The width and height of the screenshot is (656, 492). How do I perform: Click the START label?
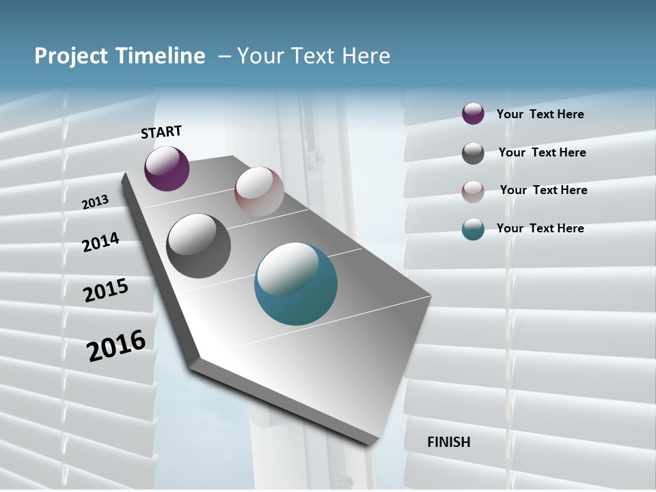click(x=161, y=132)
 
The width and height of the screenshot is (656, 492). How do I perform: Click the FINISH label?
click(x=448, y=442)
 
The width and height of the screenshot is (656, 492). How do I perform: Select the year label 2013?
click(x=95, y=202)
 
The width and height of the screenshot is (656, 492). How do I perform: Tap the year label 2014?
click(x=100, y=243)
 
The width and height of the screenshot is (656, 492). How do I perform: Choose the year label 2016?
click(x=116, y=345)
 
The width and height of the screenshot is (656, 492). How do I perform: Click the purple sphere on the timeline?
click(x=167, y=169)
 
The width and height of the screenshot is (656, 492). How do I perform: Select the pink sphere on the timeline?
click(x=259, y=191)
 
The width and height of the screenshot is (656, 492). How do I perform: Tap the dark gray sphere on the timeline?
click(x=198, y=246)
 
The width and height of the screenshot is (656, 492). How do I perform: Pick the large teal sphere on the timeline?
click(x=296, y=284)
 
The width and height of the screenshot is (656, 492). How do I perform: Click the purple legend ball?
click(x=473, y=114)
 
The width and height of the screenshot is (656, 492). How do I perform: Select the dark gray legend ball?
click(x=473, y=153)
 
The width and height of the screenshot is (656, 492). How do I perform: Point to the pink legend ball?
click(x=473, y=191)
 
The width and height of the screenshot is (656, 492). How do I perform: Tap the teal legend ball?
click(x=473, y=230)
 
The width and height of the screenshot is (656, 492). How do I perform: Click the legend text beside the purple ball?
click(x=540, y=115)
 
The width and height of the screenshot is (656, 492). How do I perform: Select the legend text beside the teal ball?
click(x=540, y=228)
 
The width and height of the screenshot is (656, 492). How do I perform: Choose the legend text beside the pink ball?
click(x=543, y=190)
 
